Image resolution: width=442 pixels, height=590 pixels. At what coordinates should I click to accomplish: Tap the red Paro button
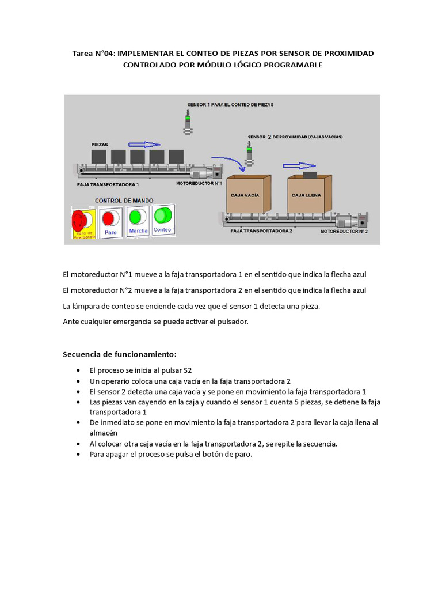click(109, 218)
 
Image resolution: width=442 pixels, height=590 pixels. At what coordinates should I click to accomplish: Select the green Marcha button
click(137, 217)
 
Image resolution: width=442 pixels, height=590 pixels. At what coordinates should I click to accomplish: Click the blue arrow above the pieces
click(143, 145)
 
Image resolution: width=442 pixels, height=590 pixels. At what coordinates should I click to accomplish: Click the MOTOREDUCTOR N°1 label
click(199, 184)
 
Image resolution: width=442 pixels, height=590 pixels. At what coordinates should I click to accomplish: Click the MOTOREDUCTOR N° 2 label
click(344, 230)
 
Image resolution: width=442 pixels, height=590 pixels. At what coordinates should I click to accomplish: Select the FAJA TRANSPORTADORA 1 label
click(108, 184)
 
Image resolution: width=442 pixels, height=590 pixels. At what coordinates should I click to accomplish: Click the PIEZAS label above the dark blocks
click(100, 144)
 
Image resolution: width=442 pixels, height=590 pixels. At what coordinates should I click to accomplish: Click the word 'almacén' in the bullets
click(104, 432)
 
